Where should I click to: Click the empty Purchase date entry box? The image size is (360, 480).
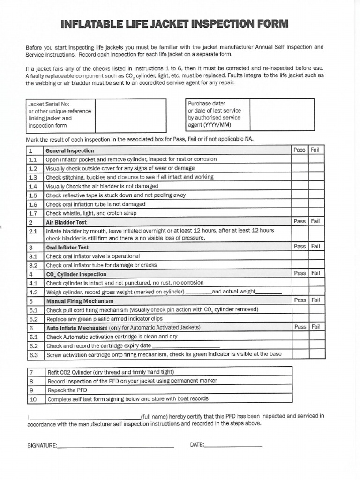282,114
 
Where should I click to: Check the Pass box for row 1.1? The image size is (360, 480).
300,159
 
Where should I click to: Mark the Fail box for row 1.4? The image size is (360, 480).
316,186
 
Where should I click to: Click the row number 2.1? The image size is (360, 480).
33,231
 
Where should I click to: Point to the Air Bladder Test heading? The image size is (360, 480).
66,222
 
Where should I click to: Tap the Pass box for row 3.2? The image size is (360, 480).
300,265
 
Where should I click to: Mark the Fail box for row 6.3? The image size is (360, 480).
316,354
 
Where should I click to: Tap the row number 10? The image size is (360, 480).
33,399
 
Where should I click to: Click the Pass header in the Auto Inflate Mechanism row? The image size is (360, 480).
300,327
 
